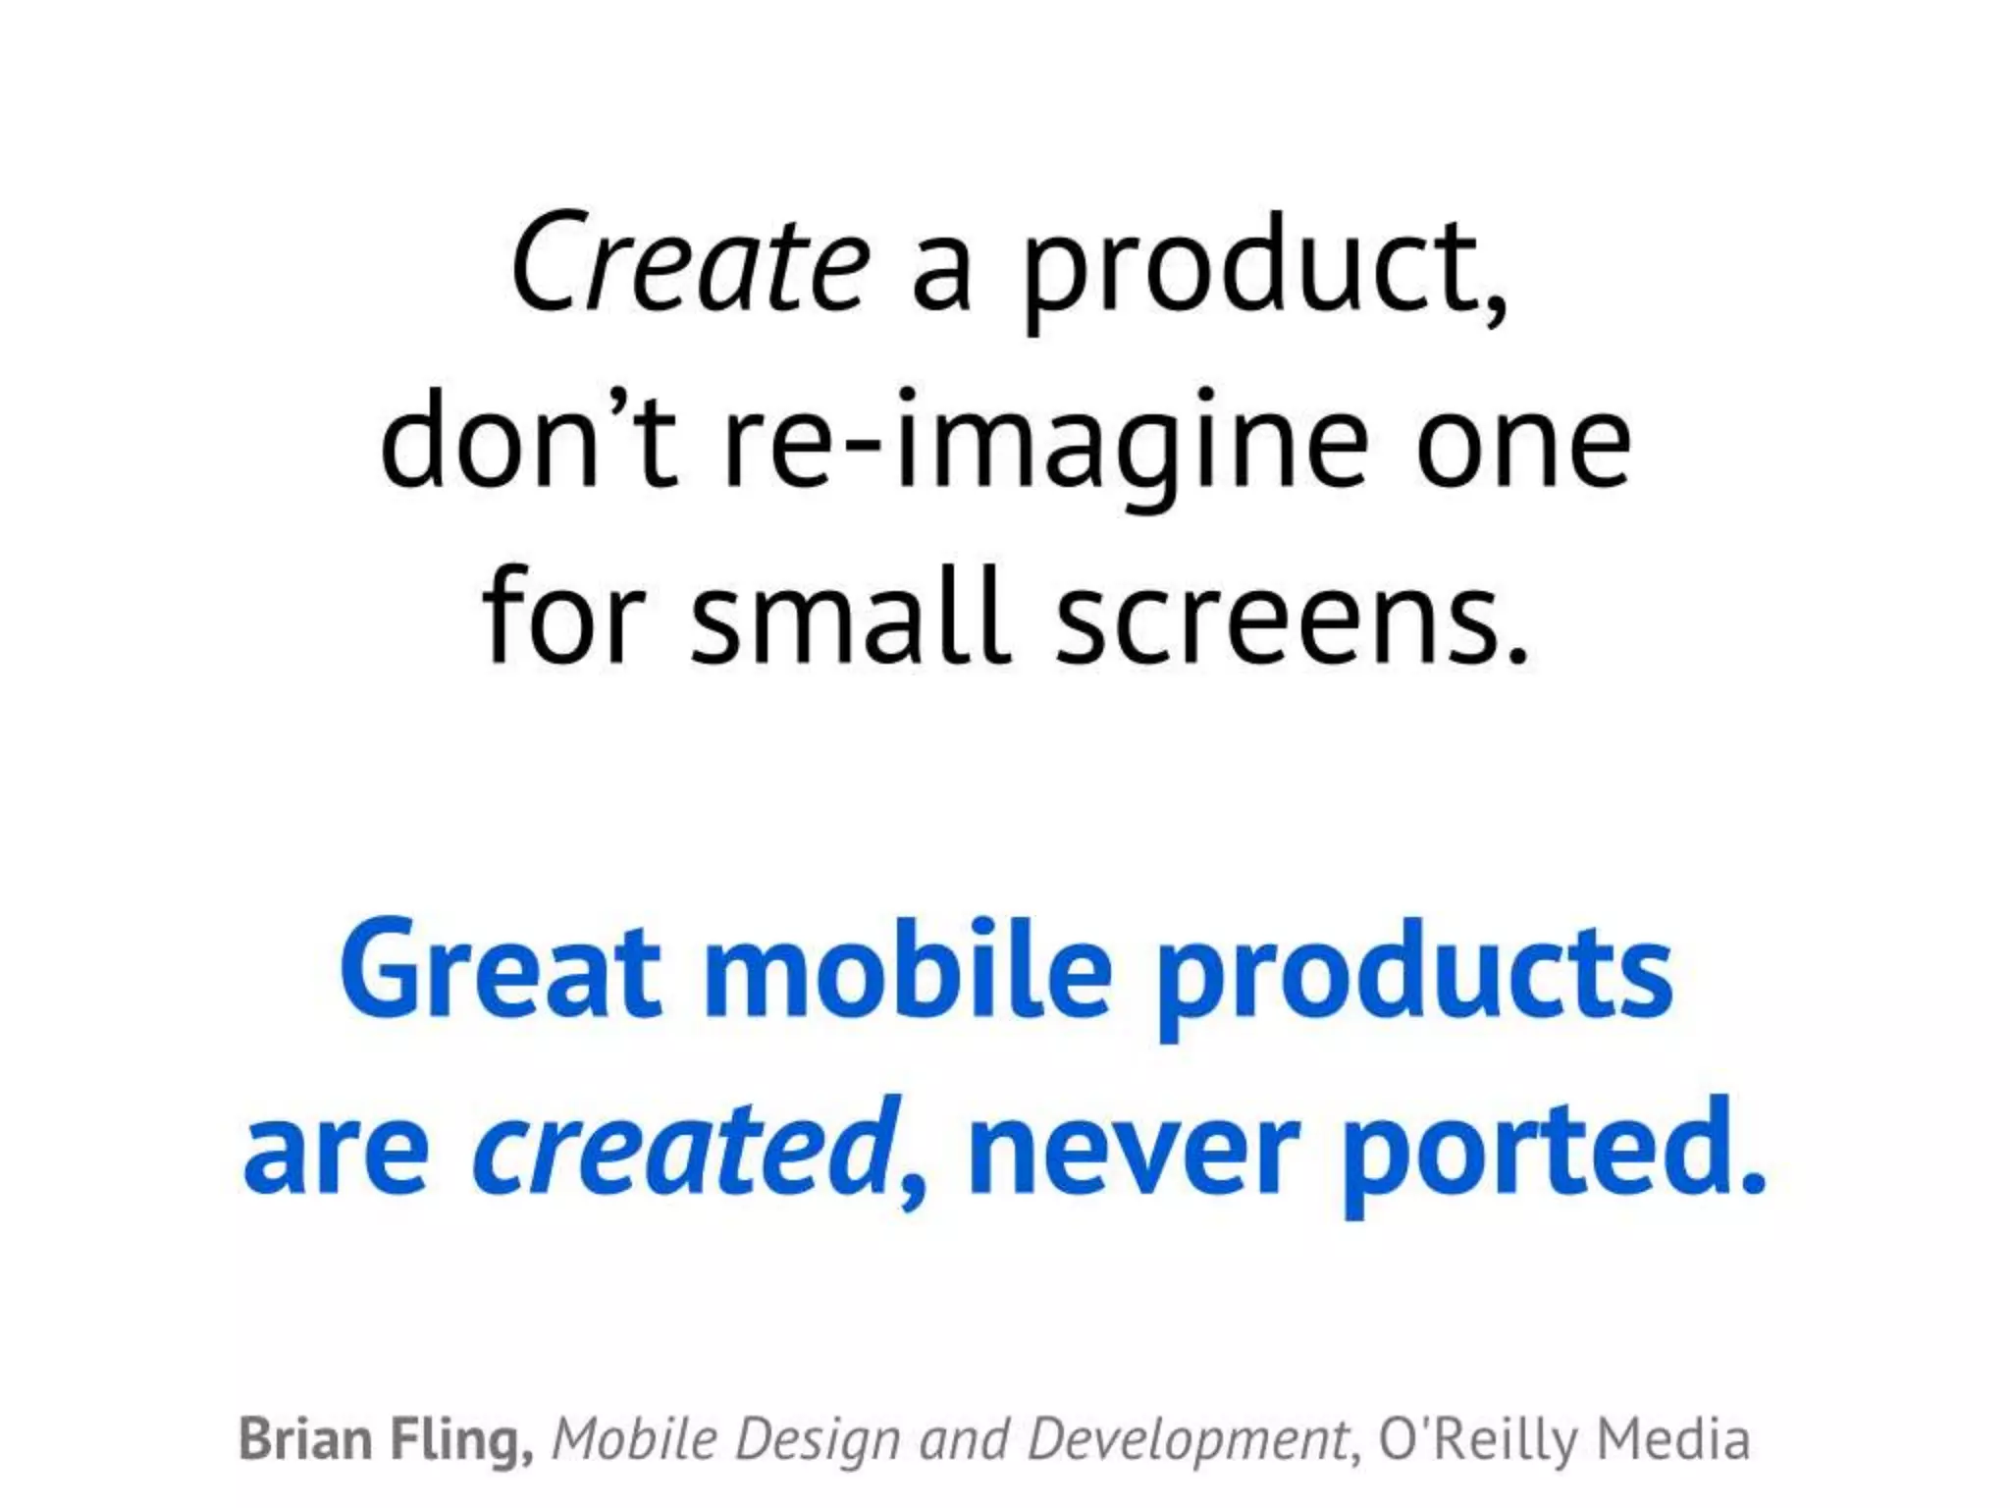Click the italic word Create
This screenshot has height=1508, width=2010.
[690, 263]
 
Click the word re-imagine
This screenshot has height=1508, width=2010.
[1044, 442]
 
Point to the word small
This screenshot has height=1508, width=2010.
[849, 617]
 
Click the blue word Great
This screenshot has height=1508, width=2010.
[500, 970]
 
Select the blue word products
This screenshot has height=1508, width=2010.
[1413, 974]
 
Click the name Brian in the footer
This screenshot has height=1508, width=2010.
[305, 1439]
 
